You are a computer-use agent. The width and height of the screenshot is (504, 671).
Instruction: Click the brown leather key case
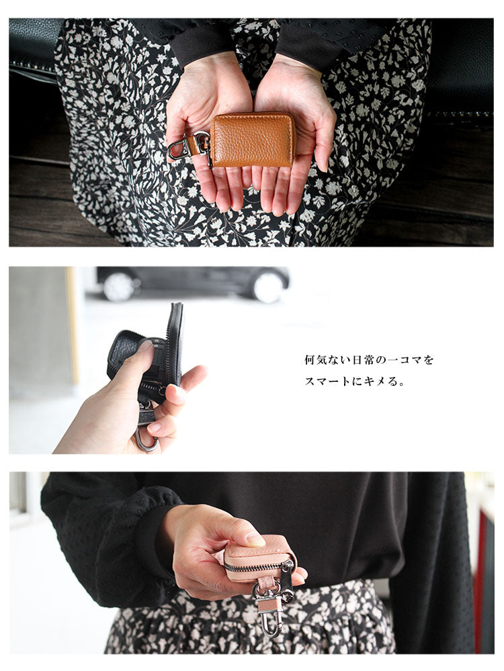[251, 140]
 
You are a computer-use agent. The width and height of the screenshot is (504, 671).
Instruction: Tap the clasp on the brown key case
[189, 146]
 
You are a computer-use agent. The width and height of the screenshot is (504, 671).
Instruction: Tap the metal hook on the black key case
[146, 439]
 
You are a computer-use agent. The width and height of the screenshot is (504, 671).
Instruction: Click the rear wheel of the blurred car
[118, 287]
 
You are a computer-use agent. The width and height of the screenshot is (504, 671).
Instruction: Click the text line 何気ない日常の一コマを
[368, 360]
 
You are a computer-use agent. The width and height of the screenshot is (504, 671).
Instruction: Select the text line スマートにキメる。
[354, 381]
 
